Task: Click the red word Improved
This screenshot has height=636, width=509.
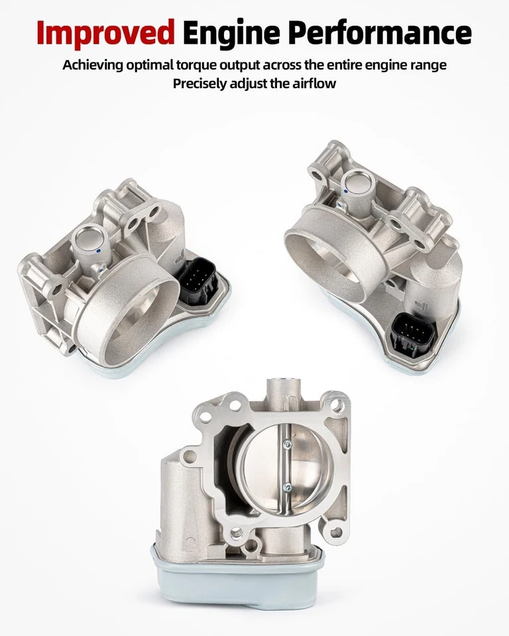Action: pos(106,32)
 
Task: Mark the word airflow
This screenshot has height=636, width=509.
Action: pos(313,83)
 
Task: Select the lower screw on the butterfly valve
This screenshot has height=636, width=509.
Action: pos(286,488)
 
